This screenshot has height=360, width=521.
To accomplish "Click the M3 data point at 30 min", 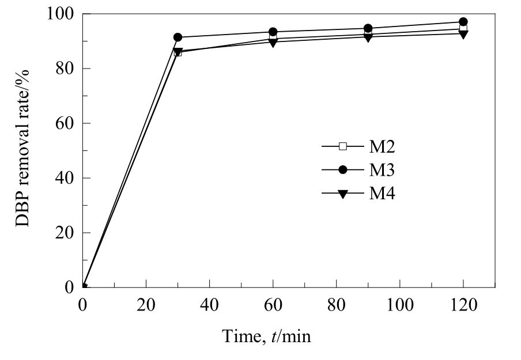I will (178, 37).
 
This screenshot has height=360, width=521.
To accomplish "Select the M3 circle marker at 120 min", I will (463, 22).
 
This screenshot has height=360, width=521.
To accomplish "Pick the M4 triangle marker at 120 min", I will (463, 33).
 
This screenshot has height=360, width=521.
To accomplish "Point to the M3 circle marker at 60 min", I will (273, 32).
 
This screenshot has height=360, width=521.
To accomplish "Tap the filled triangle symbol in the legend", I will (343, 194).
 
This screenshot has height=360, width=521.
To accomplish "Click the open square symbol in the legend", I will (343, 146).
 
